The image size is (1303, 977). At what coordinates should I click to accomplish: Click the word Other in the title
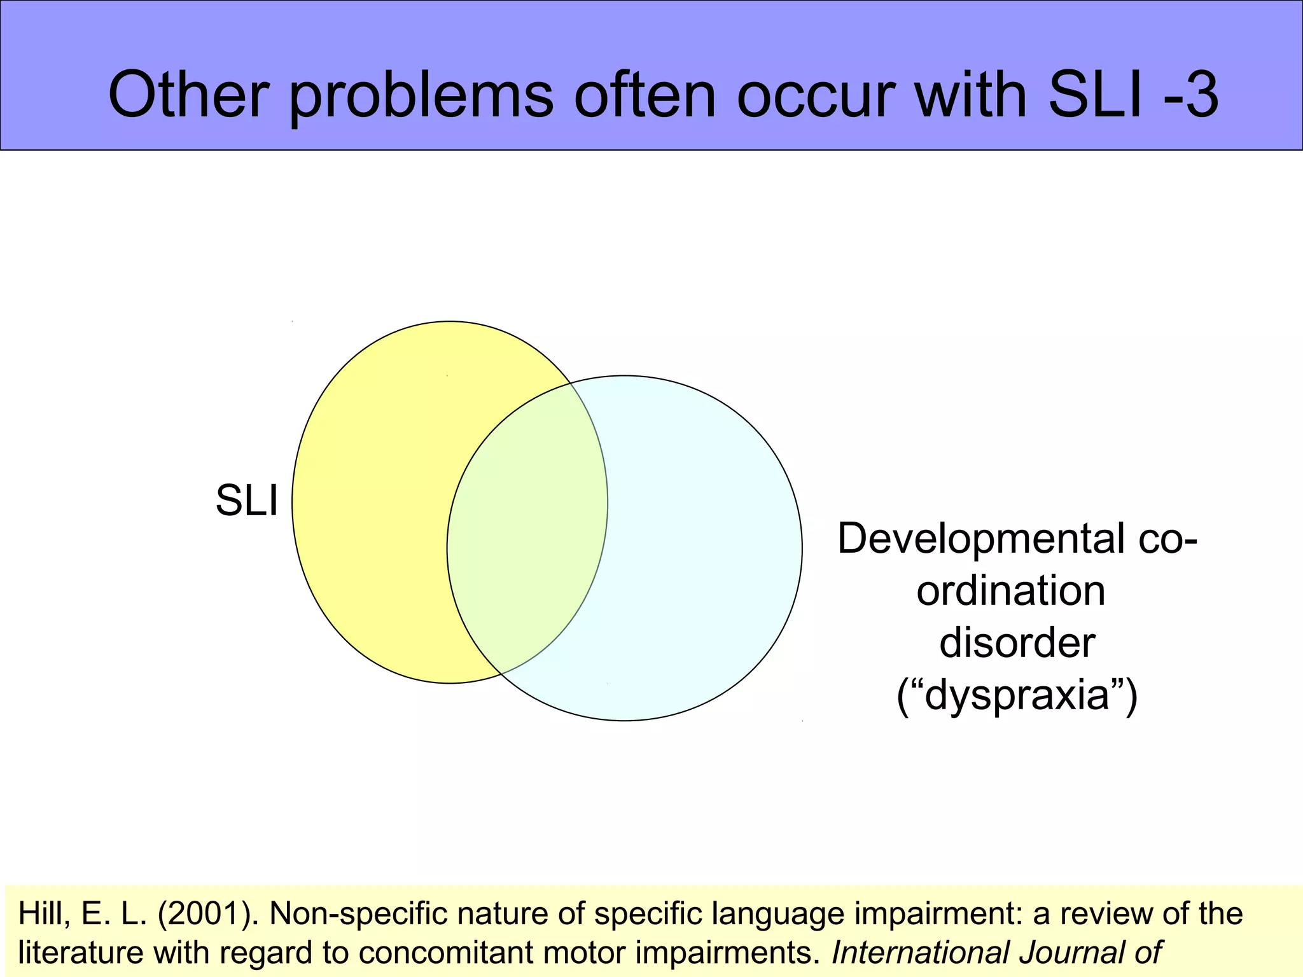(x=188, y=95)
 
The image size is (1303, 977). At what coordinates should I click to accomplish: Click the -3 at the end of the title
(x=1189, y=95)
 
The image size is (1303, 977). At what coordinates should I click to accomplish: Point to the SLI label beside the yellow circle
(x=247, y=501)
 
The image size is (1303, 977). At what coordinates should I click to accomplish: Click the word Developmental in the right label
(x=980, y=539)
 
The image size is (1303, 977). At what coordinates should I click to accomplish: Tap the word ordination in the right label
(x=1010, y=591)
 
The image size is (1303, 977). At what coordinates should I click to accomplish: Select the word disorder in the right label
(x=1017, y=643)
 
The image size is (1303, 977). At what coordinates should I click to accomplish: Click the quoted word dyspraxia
(x=1017, y=695)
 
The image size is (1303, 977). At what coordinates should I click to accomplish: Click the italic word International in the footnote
(x=920, y=953)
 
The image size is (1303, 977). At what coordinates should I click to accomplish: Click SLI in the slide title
(x=1095, y=95)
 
